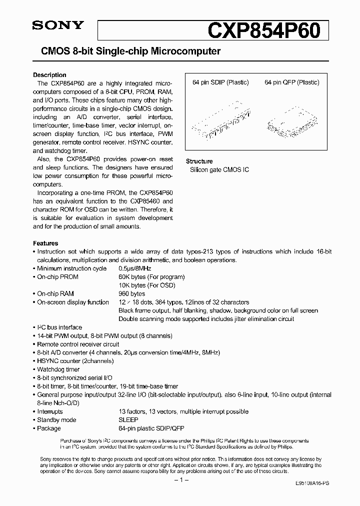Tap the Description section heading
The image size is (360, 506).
pos(49,75)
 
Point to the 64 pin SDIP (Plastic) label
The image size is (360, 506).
pos(220,82)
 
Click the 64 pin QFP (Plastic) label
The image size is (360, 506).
pos(292,82)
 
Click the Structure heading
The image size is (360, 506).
pos(199,161)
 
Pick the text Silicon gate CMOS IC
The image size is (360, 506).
pos(219,170)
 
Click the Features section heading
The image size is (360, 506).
pos(45,243)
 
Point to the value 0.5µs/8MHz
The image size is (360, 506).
pos(135,268)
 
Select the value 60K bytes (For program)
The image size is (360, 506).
pos(151,277)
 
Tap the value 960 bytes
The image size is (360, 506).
pos(131,294)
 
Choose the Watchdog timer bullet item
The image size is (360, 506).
pos(58,369)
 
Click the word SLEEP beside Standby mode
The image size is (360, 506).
pos(128,420)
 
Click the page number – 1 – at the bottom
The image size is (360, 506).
pos(180,480)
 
